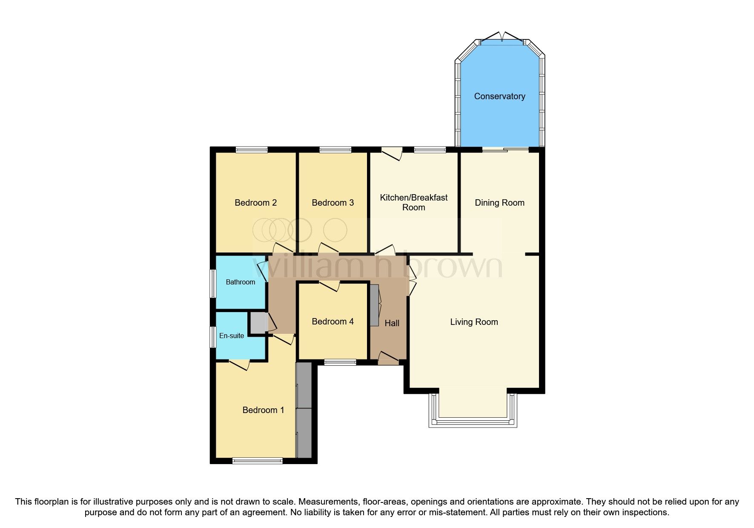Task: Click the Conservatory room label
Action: (x=499, y=96)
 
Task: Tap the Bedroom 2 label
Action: (x=255, y=203)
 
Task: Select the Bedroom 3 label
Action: (x=333, y=203)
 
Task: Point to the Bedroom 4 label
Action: (x=333, y=321)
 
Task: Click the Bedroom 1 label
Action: (x=263, y=410)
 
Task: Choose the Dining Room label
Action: (x=499, y=203)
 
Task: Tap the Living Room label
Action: (x=474, y=322)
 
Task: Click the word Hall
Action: (x=392, y=323)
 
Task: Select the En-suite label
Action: (x=232, y=336)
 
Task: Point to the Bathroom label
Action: (x=240, y=282)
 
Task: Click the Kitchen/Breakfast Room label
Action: (x=413, y=202)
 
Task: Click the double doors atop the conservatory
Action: (x=502, y=38)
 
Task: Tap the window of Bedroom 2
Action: (x=252, y=149)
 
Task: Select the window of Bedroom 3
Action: (x=335, y=149)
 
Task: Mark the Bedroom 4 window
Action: (x=340, y=362)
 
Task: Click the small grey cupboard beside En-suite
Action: (x=257, y=323)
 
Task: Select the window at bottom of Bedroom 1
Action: (x=257, y=460)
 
